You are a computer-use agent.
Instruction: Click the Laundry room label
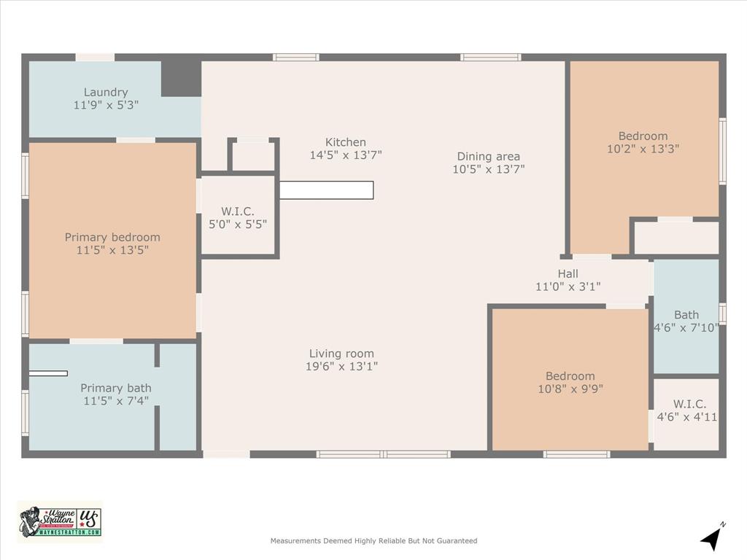pyautogui.click(x=106, y=93)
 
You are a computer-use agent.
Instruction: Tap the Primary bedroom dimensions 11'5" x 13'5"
pyautogui.click(x=112, y=250)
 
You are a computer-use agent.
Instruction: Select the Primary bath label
pyautogui.click(x=115, y=388)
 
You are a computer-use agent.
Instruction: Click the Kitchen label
pyautogui.click(x=346, y=142)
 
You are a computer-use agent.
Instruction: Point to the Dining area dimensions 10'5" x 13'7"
pyautogui.click(x=488, y=169)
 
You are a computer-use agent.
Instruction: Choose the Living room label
pyautogui.click(x=341, y=354)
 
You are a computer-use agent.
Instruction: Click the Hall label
pyautogui.click(x=568, y=273)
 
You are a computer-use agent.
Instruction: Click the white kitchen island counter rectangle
pyautogui.click(x=326, y=190)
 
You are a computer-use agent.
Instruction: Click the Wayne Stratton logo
pyautogui.click(x=60, y=521)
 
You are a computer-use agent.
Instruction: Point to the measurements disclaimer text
pyautogui.click(x=373, y=541)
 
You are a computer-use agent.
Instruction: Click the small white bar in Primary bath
pyautogui.click(x=48, y=373)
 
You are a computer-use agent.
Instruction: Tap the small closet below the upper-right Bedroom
pyautogui.click(x=676, y=238)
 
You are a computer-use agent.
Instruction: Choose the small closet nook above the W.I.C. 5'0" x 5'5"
pyautogui.click(x=253, y=156)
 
